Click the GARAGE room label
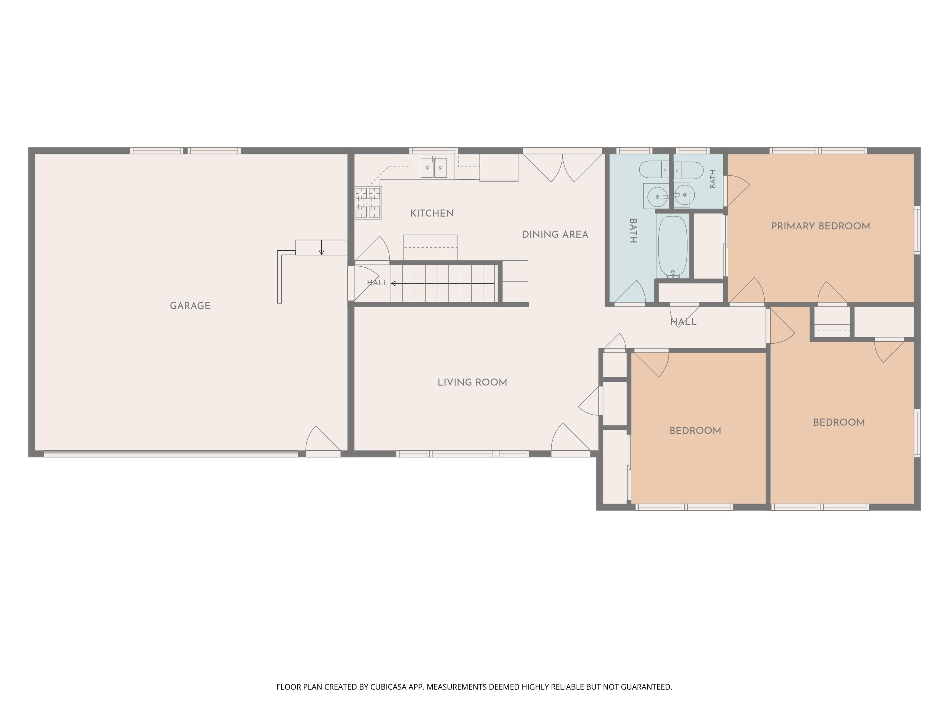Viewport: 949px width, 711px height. pyautogui.click(x=190, y=306)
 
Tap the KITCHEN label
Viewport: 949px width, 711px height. pyautogui.click(x=432, y=213)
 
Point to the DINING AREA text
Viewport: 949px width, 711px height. pyautogui.click(x=555, y=234)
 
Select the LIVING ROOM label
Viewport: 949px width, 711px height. pyautogui.click(x=472, y=382)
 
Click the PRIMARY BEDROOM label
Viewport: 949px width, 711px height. pyautogui.click(x=821, y=226)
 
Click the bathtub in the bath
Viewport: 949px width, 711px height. pyautogui.click(x=673, y=246)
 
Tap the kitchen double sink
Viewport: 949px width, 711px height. pyautogui.click(x=434, y=167)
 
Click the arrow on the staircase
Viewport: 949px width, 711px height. pyautogui.click(x=442, y=283)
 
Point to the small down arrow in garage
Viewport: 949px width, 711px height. pyautogui.click(x=321, y=248)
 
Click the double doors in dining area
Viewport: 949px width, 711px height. pyautogui.click(x=562, y=168)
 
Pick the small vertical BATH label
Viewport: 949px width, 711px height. pyautogui.click(x=713, y=179)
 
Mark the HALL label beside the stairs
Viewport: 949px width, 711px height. pyautogui.click(x=377, y=283)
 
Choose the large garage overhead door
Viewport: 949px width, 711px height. pyautogui.click(x=171, y=454)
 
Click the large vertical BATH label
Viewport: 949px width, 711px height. pyautogui.click(x=633, y=231)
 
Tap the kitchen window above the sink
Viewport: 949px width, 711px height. pyautogui.click(x=433, y=150)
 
